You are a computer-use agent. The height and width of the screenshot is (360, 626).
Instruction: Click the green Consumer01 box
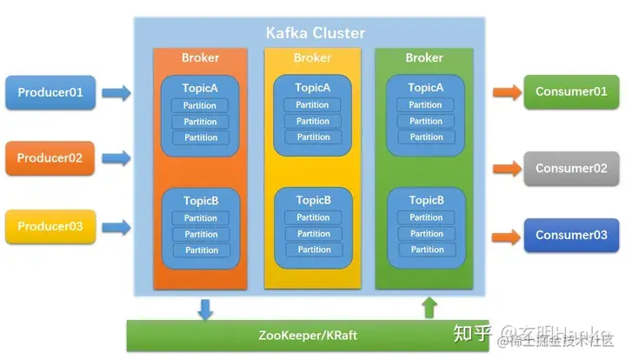pos(570,91)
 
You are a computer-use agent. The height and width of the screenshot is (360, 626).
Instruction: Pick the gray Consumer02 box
pos(570,168)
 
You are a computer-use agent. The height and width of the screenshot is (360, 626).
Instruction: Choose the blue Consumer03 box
pos(570,235)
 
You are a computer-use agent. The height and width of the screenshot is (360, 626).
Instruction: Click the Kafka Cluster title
pos(315,33)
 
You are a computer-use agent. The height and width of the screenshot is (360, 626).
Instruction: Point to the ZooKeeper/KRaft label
pos(307,336)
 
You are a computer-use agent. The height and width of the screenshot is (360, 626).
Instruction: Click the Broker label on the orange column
pos(200,58)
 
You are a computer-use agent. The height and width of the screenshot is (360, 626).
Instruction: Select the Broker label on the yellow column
pos(312,58)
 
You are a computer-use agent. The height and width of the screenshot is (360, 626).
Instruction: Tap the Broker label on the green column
pos(424,58)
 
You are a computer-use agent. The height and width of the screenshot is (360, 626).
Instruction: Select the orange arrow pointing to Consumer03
pos(504,237)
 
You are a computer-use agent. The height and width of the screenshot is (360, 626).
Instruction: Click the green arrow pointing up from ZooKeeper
pos(428,307)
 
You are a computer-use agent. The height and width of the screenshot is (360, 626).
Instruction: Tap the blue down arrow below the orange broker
pos(206,308)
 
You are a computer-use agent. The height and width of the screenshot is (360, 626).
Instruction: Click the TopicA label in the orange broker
pos(201,88)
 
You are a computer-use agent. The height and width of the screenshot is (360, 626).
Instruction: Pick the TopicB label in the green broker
pos(425,200)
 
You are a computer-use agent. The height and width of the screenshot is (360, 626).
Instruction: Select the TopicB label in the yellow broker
pos(313,200)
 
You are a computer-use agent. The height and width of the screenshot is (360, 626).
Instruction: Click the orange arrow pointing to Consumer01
pos(504,90)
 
